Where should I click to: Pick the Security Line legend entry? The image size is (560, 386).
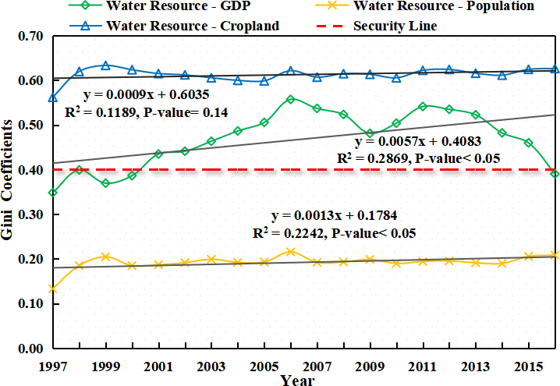pyautogui.click(x=395, y=25)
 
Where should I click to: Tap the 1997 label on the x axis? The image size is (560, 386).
pyautogui.click(x=52, y=366)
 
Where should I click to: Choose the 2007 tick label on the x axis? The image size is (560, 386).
pyautogui.click(x=317, y=366)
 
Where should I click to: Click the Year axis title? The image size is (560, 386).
pyautogui.click(x=298, y=380)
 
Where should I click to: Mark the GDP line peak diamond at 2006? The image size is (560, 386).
pyautogui.click(x=290, y=99)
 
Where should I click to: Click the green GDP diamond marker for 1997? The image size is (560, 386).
pyautogui.click(x=52, y=192)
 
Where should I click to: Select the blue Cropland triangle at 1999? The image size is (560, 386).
pyautogui.click(x=105, y=66)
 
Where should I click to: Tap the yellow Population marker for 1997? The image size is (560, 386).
pyautogui.click(x=52, y=289)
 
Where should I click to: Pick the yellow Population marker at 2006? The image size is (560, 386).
pyautogui.click(x=290, y=251)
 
